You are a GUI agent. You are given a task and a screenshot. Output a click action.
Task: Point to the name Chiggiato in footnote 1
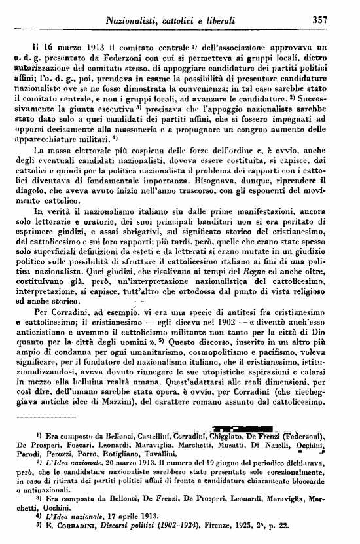pos(226,437)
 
